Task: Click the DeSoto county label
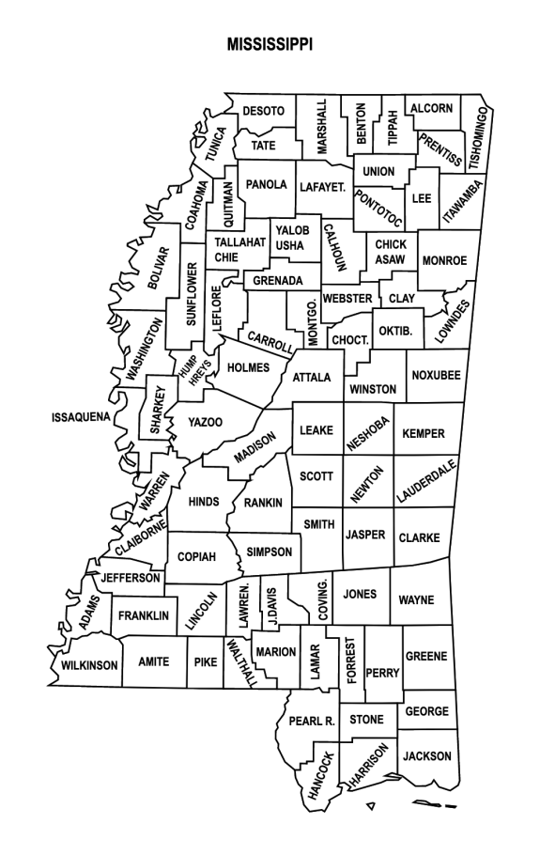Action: click(263, 111)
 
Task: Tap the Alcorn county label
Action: click(431, 108)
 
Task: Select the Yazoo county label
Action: click(205, 422)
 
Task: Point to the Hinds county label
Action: click(204, 502)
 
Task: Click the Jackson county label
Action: click(427, 755)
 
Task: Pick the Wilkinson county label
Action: click(90, 665)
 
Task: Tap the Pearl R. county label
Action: click(312, 722)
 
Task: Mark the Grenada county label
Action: click(277, 281)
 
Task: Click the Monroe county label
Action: click(443, 260)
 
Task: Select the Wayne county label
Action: click(416, 598)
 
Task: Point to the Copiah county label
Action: click(197, 556)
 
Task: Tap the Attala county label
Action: click(312, 378)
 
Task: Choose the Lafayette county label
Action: click(323, 187)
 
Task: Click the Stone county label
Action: click(366, 720)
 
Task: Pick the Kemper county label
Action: click(424, 433)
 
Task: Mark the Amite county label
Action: click(154, 661)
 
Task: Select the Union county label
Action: click(378, 171)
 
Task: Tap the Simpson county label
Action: click(269, 552)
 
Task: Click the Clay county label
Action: click(402, 298)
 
